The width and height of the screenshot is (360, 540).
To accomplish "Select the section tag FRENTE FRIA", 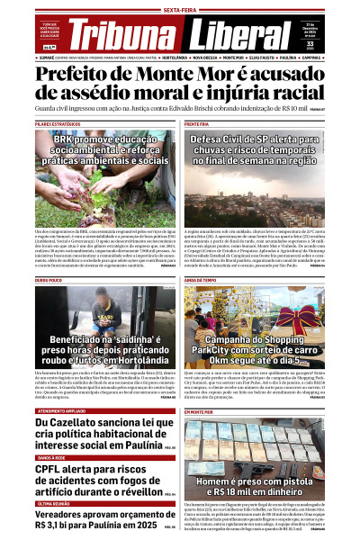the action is [x=197, y=123].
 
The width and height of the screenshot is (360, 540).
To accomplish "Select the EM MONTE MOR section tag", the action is [x=200, y=385].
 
